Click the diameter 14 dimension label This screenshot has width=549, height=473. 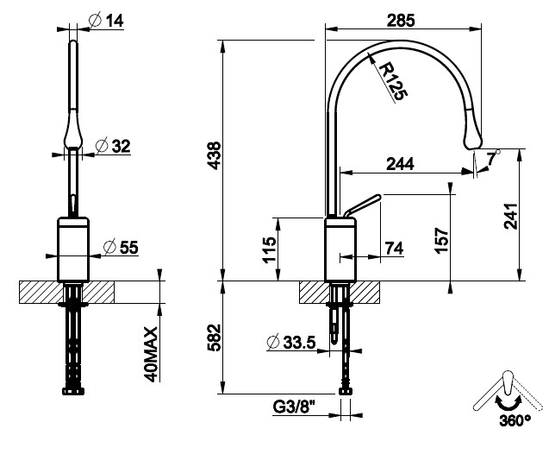pyautogui.click(x=106, y=20)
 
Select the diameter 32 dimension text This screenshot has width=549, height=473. pyautogui.click(x=113, y=146)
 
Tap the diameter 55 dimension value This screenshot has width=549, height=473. pyautogui.click(x=121, y=247)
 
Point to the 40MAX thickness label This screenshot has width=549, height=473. pyautogui.click(x=152, y=354)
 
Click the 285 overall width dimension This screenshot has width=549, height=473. pyautogui.click(x=401, y=21)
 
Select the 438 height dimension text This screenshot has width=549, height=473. pyautogui.click(x=215, y=155)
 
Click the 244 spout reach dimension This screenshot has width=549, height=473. pyautogui.click(x=400, y=164)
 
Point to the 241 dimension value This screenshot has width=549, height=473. pyautogui.click(x=511, y=216)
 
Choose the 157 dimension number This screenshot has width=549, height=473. pyautogui.click(x=441, y=240)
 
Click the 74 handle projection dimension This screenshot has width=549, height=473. pyautogui.click(x=394, y=249)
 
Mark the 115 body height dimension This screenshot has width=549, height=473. pyautogui.click(x=269, y=250)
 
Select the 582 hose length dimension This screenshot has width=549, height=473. pyautogui.click(x=215, y=337)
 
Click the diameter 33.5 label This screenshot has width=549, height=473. pyautogui.click(x=291, y=342)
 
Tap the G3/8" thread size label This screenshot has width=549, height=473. pyautogui.click(x=294, y=407)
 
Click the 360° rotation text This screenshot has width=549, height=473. pyautogui.click(x=515, y=420)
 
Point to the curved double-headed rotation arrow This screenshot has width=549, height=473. pyautogui.click(x=508, y=403)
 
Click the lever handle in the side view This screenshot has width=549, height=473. pyautogui.click(x=362, y=205)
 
